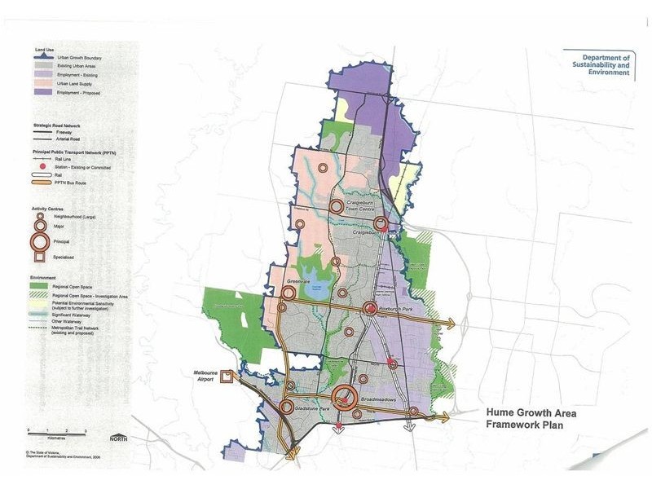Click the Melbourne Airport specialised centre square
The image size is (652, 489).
(228, 375)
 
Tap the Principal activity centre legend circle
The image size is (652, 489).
(41, 240)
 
